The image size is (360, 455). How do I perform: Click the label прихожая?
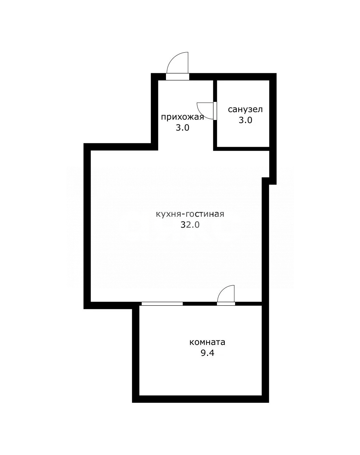[x=182, y=117]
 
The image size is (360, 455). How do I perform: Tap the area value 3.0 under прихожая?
[x=182, y=128]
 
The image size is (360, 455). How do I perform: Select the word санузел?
[x=245, y=109]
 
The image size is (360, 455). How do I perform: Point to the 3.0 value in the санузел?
[x=245, y=120]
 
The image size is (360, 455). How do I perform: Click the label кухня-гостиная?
[x=190, y=214]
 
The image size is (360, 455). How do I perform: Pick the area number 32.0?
[x=190, y=225]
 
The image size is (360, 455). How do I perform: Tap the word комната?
[x=207, y=342]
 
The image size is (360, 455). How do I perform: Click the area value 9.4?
[x=207, y=353]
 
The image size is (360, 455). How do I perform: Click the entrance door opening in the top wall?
[x=177, y=77]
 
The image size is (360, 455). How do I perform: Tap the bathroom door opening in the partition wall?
[x=215, y=111]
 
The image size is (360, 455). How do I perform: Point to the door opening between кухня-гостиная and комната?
[x=226, y=304]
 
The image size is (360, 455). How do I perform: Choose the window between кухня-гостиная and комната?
[x=162, y=304]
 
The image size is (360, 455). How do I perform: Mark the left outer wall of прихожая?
[x=154, y=112]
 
